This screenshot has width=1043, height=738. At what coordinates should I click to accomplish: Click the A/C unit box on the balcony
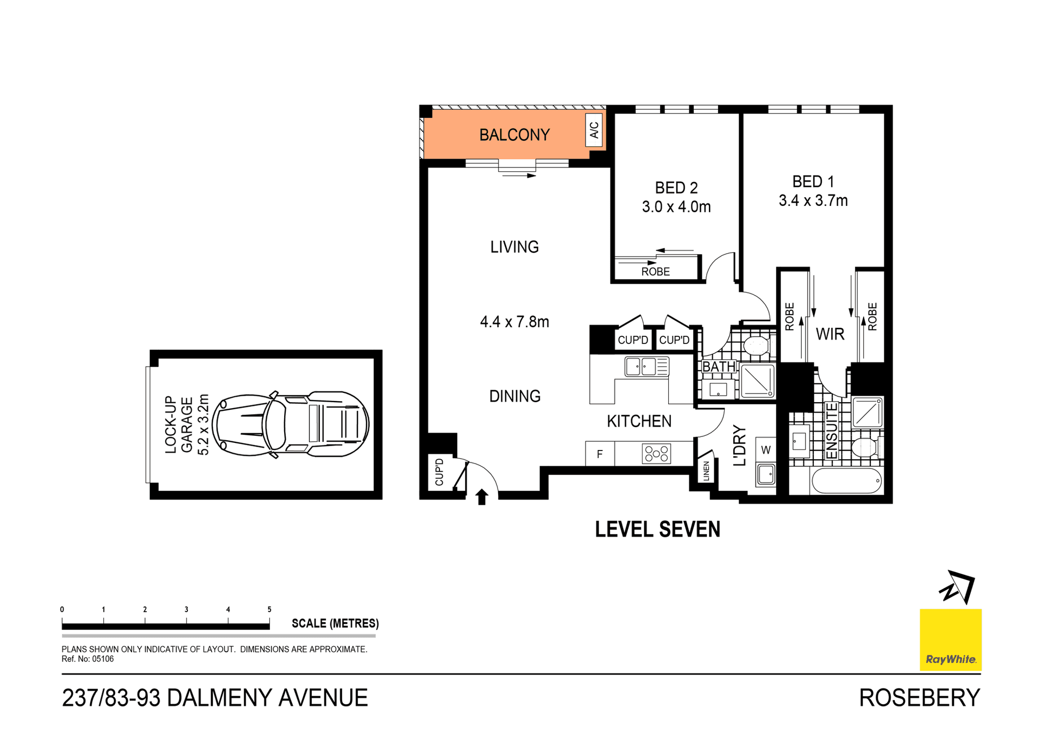click(594, 130)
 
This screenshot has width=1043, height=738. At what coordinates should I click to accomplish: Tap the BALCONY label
click(514, 135)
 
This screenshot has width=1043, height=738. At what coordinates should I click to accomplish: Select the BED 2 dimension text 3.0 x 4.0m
click(676, 207)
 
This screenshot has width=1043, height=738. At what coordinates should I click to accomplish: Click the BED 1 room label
click(813, 182)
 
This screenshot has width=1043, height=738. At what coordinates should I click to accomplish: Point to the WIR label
click(830, 334)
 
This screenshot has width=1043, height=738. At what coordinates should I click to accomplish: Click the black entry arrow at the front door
click(481, 497)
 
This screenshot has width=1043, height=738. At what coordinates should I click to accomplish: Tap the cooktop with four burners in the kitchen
click(656, 453)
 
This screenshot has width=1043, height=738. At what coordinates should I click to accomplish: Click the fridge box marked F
click(600, 454)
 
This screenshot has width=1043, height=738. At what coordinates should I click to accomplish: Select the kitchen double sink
click(646, 367)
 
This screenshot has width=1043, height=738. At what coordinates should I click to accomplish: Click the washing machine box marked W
click(765, 450)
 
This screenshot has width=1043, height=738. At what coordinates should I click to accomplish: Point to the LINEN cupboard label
click(706, 471)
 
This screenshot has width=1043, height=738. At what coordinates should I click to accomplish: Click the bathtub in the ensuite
click(846, 481)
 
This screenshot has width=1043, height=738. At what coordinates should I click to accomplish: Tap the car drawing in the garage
click(290, 424)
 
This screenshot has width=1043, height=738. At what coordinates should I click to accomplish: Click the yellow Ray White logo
click(950, 640)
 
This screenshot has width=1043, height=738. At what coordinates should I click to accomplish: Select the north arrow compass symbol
click(958, 587)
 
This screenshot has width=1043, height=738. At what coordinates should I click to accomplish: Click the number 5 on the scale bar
click(269, 609)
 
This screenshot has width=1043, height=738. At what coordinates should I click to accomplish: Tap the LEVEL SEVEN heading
click(657, 529)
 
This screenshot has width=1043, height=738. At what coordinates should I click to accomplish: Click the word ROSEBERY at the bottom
click(919, 698)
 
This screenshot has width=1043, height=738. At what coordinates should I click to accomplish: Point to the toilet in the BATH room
click(756, 346)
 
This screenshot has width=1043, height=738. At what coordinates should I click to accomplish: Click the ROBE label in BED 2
click(655, 272)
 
